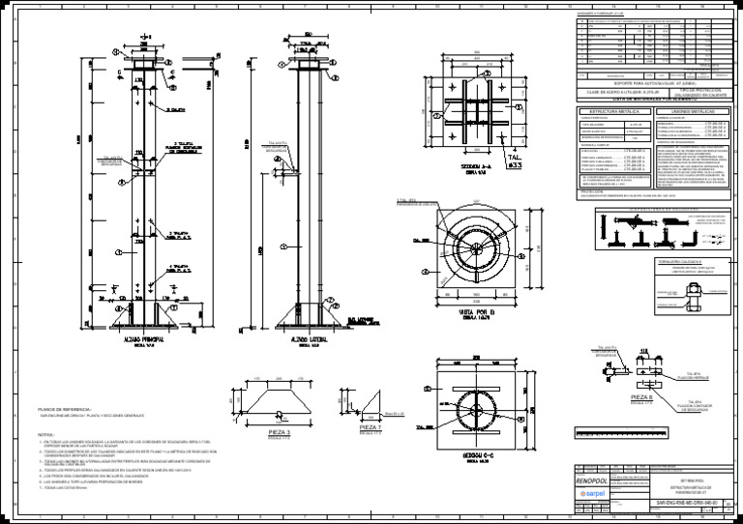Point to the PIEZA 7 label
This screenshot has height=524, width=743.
coord(371,425)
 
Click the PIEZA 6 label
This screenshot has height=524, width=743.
coord(642,396)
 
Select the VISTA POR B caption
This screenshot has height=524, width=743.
coord(474,312)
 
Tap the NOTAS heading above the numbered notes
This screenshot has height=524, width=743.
coord(45,435)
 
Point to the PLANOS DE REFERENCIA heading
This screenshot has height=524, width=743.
coord(62,410)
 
